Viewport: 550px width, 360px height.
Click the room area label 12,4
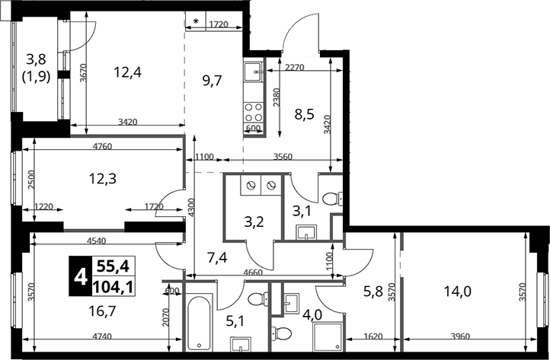pos(128,72)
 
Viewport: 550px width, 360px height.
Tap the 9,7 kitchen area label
pos(213,81)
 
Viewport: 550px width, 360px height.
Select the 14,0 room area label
pos(457,291)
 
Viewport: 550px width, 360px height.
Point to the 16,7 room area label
pos(102,311)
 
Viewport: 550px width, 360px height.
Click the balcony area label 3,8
pos(36,59)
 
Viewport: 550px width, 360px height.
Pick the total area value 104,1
pos(113,287)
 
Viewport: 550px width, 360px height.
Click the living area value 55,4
pos(113,266)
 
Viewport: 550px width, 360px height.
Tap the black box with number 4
pos(80,276)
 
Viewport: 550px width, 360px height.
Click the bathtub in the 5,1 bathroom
pos(199,323)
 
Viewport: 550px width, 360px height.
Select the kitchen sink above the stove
pos(253,72)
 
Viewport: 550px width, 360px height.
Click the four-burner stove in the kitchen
pos(253,112)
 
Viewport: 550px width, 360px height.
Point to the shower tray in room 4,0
pos(328,337)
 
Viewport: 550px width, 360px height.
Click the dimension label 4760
pos(102,147)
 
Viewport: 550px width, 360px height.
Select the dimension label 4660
pos(253,272)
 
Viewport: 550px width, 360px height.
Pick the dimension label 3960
pos(460,336)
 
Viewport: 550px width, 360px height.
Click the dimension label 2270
pos(294,67)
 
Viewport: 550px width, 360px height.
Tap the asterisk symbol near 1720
pos(195,21)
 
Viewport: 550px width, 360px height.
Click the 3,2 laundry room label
pos(254,221)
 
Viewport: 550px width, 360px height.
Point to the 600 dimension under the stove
pos(253,129)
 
